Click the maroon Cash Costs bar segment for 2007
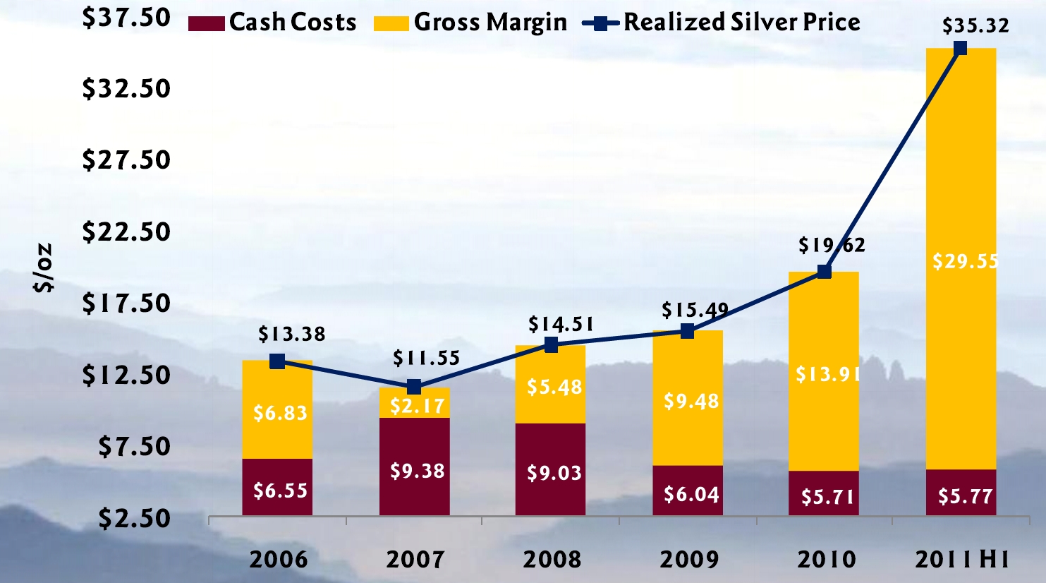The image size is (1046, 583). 414,466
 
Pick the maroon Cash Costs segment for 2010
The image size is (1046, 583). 824,493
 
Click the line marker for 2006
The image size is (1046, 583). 277,361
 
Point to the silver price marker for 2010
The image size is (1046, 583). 824,272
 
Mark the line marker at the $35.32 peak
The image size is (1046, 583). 960,48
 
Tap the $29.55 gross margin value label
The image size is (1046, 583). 965,261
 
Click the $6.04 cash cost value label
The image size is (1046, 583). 691,494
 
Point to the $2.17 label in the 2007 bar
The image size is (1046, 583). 418,406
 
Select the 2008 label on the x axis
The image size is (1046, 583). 552,560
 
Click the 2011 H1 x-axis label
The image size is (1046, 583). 961,560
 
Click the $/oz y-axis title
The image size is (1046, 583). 44,268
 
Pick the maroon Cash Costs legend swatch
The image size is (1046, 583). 207,23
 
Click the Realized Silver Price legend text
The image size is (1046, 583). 741,22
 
